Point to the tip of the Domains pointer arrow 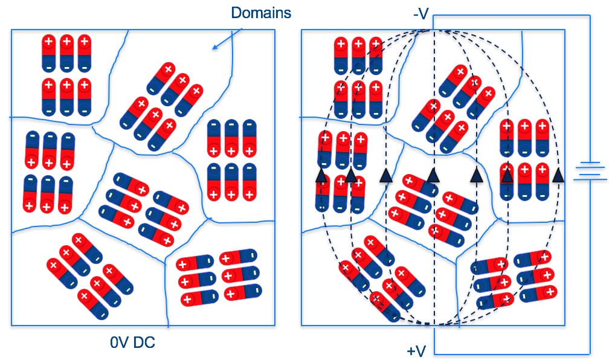(212, 48)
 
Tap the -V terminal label (421, 13)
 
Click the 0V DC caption (132, 343)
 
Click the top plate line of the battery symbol (589, 163)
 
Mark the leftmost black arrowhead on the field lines (321, 176)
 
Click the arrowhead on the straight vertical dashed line (433, 175)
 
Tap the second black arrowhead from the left (350, 176)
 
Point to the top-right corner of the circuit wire (590, 15)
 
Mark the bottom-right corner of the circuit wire (590, 353)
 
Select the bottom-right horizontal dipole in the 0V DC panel (243, 292)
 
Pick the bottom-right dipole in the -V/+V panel (538, 293)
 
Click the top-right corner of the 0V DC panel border (275, 30)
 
